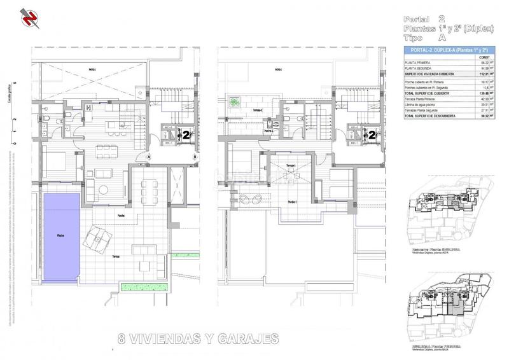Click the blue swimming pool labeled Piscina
(x=60, y=237)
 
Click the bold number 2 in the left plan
(x=186, y=135)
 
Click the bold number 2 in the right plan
(x=372, y=135)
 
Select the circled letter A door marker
(x=148, y=156)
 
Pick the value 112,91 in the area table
(x=484, y=74)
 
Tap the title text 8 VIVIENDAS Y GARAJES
(x=199, y=338)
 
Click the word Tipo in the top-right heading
(x=417, y=38)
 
